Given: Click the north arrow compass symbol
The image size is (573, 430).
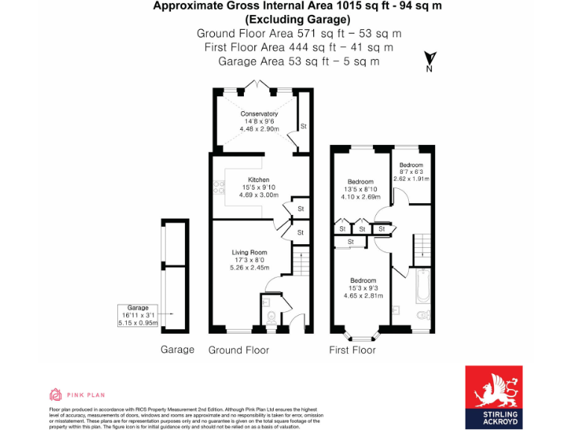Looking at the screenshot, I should (429, 60).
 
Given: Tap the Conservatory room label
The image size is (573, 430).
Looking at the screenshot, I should (259, 113).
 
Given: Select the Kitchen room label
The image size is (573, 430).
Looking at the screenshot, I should (259, 180).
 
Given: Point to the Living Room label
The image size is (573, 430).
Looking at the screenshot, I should (249, 252).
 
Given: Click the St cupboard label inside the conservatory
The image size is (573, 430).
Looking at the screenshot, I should (304, 126).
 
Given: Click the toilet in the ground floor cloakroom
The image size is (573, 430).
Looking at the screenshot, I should (270, 314).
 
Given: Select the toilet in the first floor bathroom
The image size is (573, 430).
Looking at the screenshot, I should (423, 316).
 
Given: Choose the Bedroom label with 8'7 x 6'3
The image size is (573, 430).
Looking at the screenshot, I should (410, 165).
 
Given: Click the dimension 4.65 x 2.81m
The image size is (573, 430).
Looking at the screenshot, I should (363, 296).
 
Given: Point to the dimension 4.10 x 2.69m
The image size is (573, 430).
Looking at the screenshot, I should (362, 197).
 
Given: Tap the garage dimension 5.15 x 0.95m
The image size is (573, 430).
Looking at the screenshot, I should (137, 322).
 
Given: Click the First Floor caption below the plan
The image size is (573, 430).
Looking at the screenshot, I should (352, 349).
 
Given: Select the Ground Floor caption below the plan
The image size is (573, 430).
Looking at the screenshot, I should (239, 349).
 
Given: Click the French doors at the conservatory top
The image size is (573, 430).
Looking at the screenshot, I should (259, 86).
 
